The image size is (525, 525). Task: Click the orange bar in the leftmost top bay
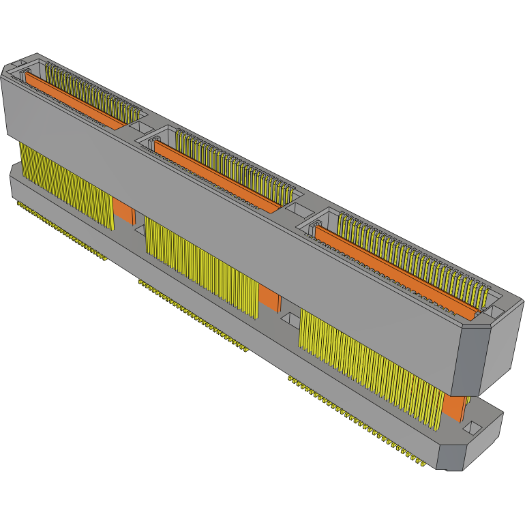(75, 101)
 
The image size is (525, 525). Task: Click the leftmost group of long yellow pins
(65, 184)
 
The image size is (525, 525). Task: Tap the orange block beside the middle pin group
(270, 298)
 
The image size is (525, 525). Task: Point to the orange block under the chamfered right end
(454, 407)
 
